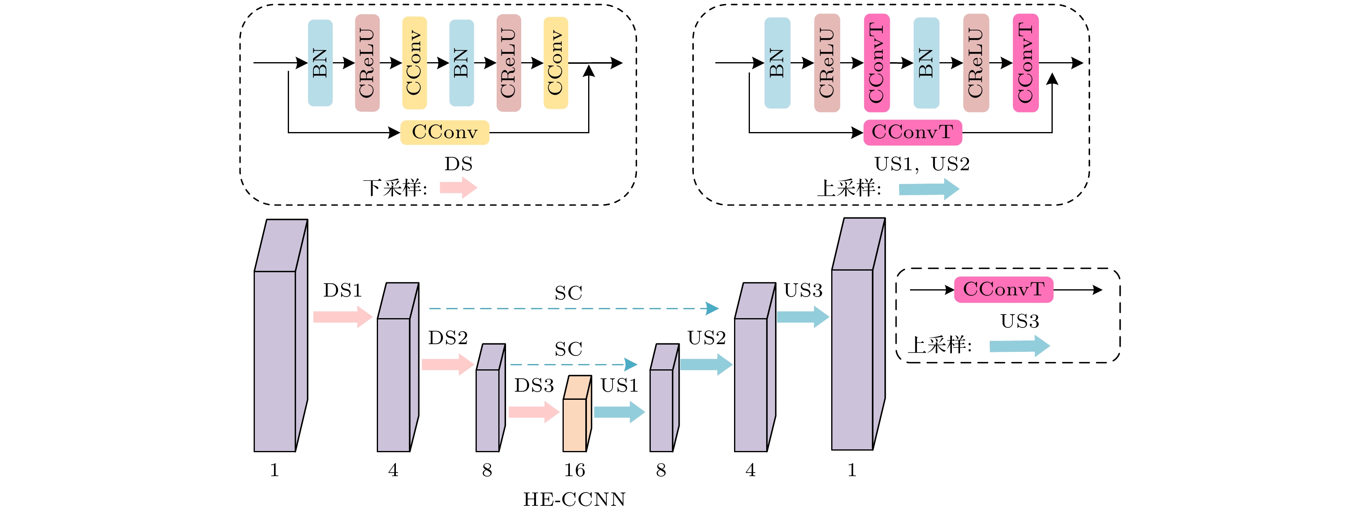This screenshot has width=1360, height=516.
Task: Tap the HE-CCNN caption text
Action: [574, 499]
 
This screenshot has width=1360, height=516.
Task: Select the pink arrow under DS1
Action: [343, 317]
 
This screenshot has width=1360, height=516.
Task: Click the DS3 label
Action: [534, 386]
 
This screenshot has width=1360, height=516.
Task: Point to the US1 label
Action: [619, 386]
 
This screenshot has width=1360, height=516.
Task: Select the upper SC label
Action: [568, 293]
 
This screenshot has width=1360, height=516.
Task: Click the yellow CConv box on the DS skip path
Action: [445, 132]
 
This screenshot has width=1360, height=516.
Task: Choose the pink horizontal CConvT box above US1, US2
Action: [912, 132]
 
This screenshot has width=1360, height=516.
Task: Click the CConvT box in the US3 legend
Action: [1003, 290]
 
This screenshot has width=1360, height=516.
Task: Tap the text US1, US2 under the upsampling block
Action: [922, 164]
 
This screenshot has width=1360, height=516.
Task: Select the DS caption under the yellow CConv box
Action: [458, 164]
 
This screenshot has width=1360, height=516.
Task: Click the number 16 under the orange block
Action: [574, 470]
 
